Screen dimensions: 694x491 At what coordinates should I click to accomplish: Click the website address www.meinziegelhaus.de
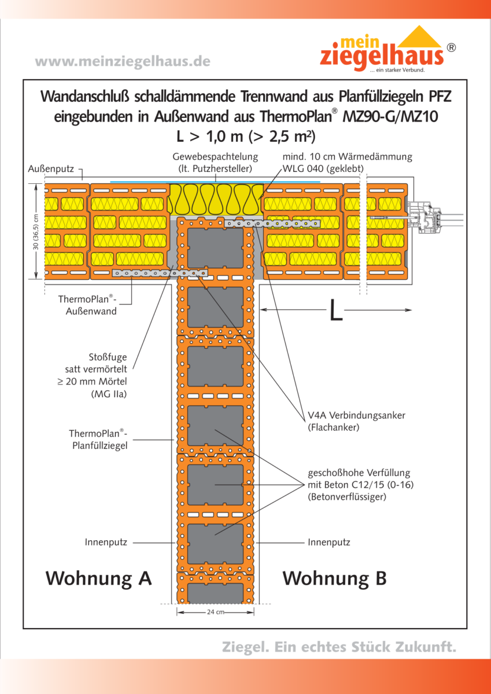pyautogui.click(x=122, y=61)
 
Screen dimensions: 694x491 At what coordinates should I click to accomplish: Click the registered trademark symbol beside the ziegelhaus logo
pyautogui.click(x=452, y=48)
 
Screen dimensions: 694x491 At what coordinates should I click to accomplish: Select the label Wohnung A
pyautogui.click(x=98, y=578)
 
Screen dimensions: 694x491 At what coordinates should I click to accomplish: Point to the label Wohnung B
pyautogui.click(x=334, y=578)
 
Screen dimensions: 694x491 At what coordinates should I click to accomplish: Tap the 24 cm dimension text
pyautogui.click(x=215, y=612)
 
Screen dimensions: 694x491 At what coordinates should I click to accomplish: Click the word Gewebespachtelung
pyautogui.click(x=215, y=157)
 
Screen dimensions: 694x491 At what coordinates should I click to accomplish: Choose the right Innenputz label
pyautogui.click(x=329, y=542)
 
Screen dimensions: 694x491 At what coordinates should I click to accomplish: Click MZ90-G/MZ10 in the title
pyautogui.click(x=390, y=116)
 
